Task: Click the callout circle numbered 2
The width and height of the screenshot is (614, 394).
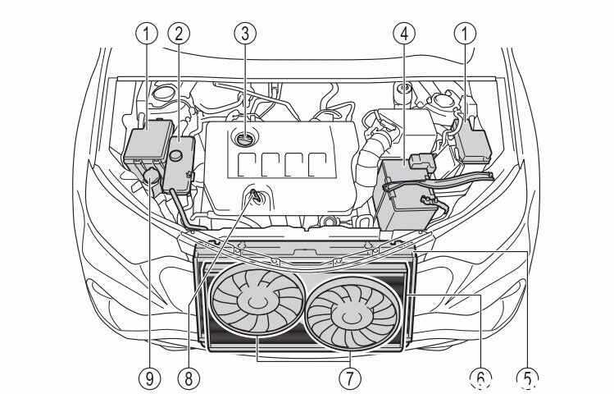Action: pos(179,34)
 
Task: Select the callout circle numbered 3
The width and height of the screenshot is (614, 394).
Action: pos(245,34)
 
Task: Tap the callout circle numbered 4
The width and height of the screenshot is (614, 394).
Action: pos(404,34)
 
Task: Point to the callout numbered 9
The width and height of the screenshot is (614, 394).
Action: pos(149,379)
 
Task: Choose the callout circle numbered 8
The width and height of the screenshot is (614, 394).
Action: pos(189,379)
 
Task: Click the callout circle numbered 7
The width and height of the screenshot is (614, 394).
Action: pos(350,379)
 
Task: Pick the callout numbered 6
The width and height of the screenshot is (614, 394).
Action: pos(481,379)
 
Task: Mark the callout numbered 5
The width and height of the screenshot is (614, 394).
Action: pos(527,379)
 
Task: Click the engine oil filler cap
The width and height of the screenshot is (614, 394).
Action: pos(245,139)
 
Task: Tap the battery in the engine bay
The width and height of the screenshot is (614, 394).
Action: pos(405,194)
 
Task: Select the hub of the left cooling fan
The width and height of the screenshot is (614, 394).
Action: pos(255,301)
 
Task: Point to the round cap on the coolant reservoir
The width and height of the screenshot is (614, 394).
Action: pos(175,155)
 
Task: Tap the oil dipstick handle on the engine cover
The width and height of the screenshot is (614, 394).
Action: pos(255,195)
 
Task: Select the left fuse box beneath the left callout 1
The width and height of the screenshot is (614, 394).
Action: pos(149,141)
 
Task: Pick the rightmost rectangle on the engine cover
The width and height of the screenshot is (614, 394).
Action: pos(317,164)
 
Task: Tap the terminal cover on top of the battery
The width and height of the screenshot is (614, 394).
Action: pos(421,162)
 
